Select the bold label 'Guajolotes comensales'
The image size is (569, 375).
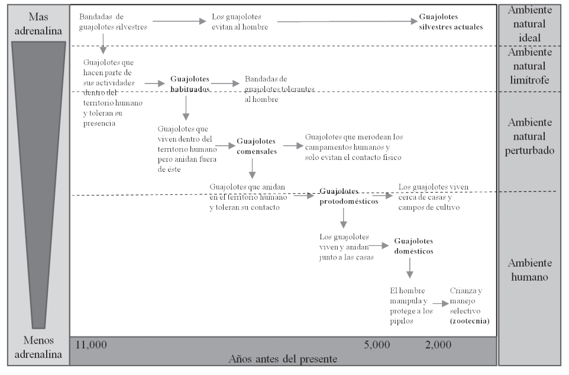pos(256,146)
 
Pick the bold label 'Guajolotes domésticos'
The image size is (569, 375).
pos(413,246)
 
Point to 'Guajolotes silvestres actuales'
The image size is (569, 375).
pos(451,22)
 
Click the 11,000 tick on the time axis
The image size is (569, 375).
pos(92,344)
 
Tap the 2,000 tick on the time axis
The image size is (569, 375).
pos(438,344)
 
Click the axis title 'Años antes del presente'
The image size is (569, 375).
pos(283,358)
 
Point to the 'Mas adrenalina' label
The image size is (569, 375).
pos(38,22)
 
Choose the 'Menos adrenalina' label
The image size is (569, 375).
pos(38,348)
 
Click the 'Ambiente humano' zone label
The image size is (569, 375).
pos(529,270)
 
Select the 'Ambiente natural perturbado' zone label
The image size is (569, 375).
pos(529,136)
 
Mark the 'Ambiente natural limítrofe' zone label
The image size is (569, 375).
pos(529,66)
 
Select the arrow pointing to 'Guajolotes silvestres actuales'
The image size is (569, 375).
pos(346,22)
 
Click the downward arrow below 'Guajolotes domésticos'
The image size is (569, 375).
pos(409,269)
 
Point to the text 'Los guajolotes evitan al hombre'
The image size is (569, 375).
pos(240,22)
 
